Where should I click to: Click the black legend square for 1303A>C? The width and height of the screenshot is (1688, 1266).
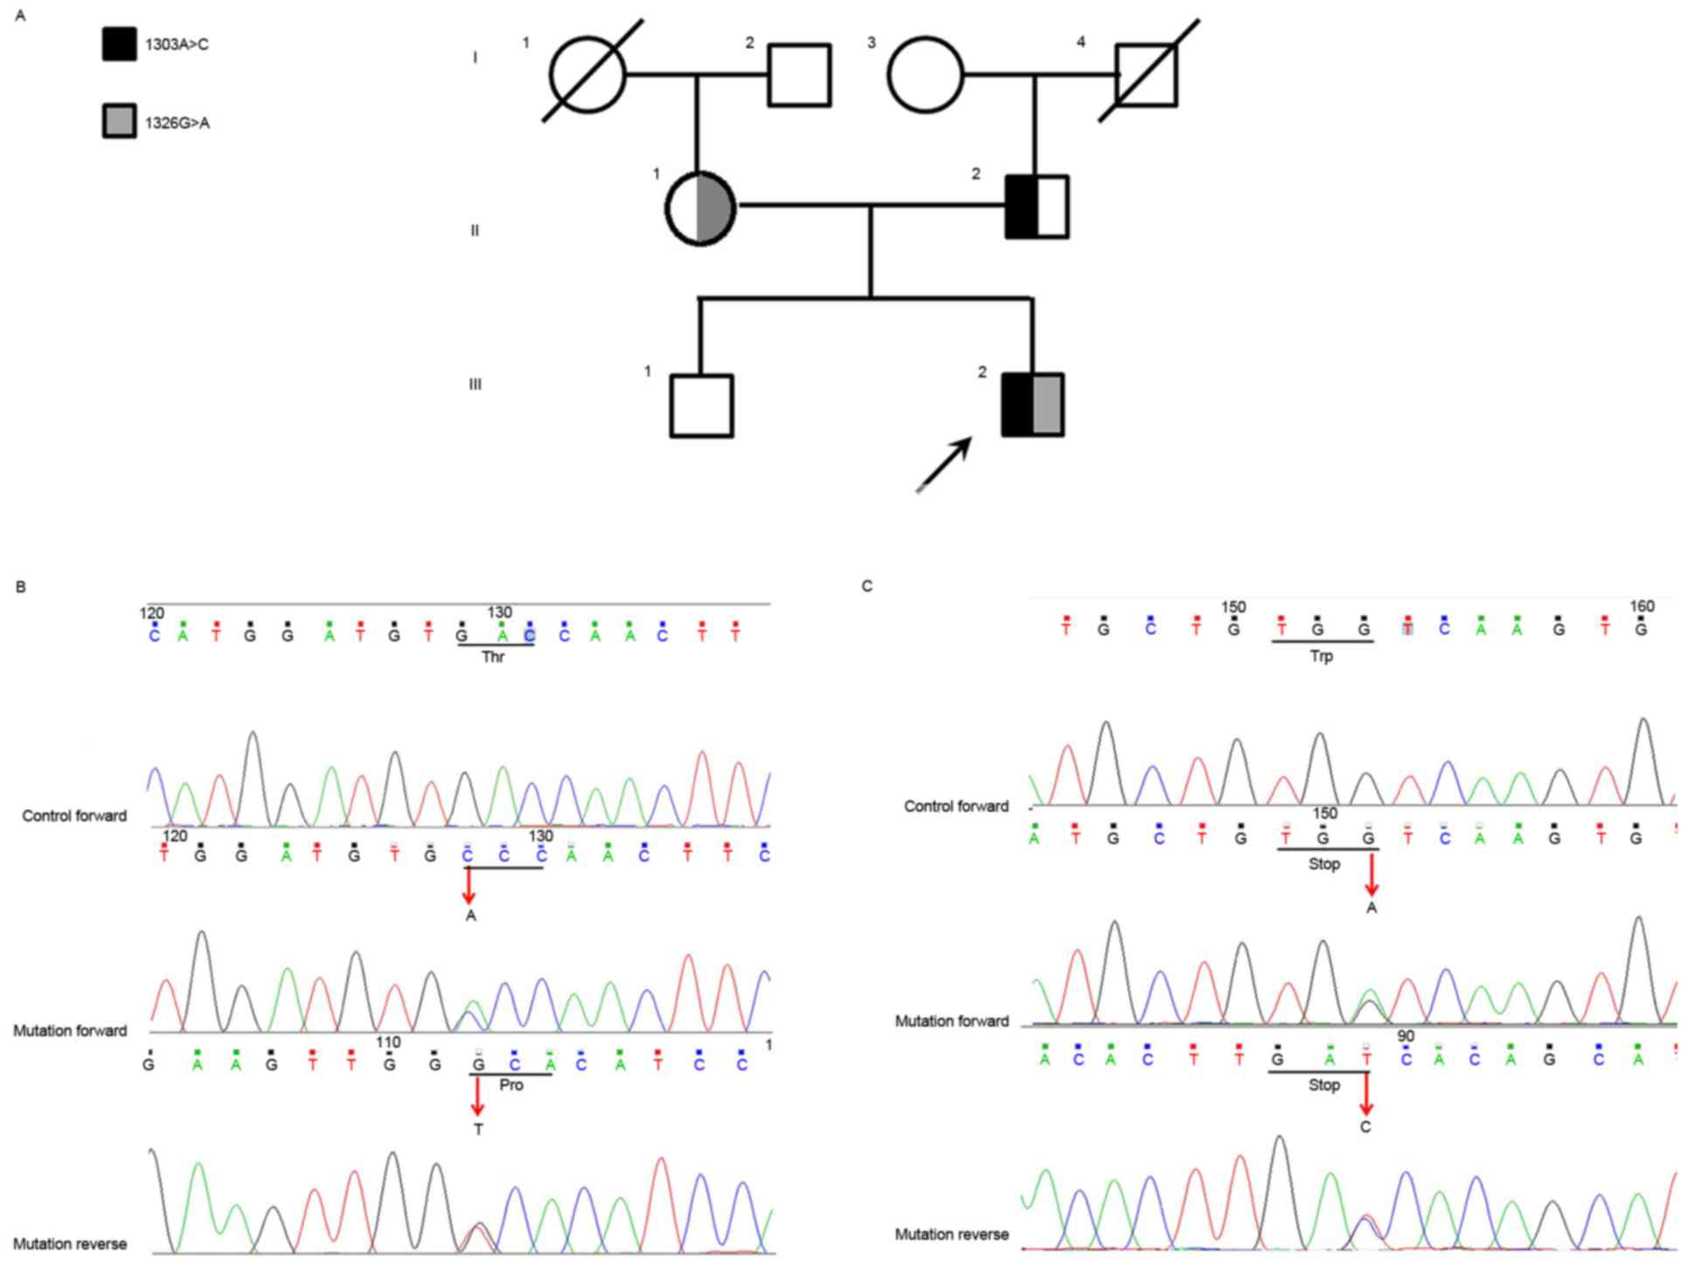(x=119, y=44)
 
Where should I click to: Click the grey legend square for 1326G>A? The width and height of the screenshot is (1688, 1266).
(x=119, y=121)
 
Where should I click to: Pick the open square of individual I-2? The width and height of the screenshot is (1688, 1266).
(x=799, y=75)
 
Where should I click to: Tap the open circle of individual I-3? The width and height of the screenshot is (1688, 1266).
(x=925, y=74)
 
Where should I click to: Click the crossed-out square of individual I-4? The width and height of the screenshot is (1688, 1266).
(x=1147, y=74)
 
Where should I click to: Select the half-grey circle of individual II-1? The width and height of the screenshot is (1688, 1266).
(x=700, y=209)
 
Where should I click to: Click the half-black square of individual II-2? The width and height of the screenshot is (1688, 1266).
(x=1036, y=207)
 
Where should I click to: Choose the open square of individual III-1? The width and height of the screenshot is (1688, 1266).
(x=701, y=405)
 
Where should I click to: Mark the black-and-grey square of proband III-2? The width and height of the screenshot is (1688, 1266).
(x=1032, y=405)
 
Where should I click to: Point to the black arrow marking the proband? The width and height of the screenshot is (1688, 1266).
(x=944, y=464)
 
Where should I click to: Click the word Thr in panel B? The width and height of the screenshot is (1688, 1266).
(x=493, y=657)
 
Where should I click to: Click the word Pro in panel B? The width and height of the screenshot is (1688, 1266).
(x=511, y=1085)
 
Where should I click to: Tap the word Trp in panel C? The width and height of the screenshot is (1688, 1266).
(x=1321, y=656)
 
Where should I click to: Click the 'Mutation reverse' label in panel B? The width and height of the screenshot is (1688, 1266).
(x=70, y=1243)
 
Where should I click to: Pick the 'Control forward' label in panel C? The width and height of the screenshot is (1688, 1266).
(x=955, y=806)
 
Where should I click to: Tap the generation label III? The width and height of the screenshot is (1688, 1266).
(x=475, y=384)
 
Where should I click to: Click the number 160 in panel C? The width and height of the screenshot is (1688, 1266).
(x=1642, y=606)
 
